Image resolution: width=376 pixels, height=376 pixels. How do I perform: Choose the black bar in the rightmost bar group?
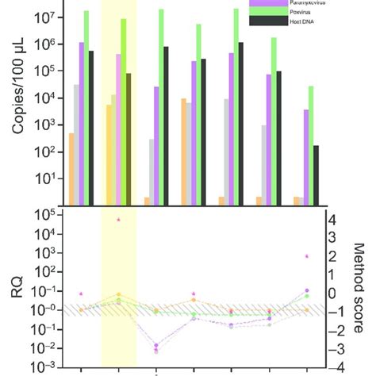tap(317, 174)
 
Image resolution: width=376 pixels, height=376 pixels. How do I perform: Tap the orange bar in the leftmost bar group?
tap(71, 167)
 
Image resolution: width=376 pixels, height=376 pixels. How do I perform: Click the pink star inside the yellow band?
tap(119, 220)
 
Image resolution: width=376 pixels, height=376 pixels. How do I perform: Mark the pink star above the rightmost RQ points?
tap(307, 257)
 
